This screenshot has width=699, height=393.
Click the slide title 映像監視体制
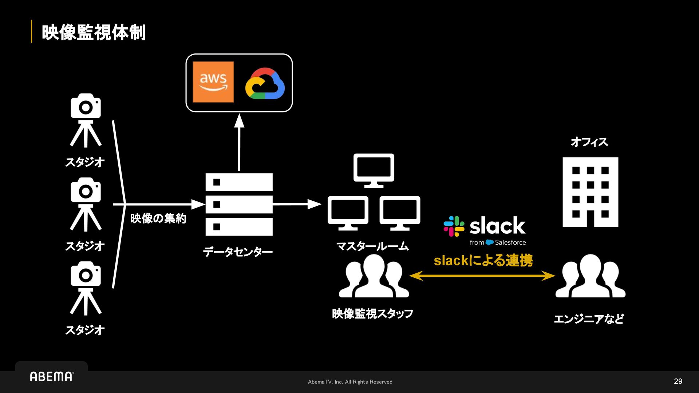point(94,32)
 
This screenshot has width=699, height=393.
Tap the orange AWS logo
point(213,82)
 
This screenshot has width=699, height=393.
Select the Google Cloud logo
point(265,84)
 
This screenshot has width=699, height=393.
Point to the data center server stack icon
point(239,204)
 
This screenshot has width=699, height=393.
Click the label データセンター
point(238,252)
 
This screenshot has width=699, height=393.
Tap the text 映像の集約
point(158,218)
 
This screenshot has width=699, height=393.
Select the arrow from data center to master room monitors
point(296,204)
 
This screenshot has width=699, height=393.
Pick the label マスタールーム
point(372,246)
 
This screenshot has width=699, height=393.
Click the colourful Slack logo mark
point(454,226)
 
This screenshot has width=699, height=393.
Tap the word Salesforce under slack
point(510,242)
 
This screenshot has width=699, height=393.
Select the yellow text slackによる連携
point(483,260)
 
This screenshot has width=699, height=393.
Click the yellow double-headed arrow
point(482,276)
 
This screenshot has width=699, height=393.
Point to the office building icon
point(590,192)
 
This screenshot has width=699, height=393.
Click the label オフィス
point(589,142)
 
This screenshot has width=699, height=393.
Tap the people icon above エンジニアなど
point(590,276)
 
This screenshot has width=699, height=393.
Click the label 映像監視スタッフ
point(372,313)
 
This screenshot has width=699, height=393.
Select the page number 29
point(678,381)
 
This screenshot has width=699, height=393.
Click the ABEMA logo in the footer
point(52,377)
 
